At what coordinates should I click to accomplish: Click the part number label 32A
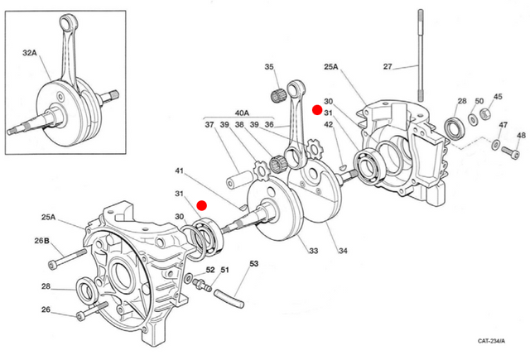click(30, 51)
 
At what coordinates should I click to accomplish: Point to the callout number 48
click(521, 135)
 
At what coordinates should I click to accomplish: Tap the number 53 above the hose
click(254, 265)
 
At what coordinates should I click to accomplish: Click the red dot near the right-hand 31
click(316, 109)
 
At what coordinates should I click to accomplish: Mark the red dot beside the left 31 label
click(203, 204)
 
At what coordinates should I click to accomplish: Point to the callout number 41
click(178, 171)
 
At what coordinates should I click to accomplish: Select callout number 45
click(498, 96)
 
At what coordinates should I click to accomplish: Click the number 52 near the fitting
click(210, 271)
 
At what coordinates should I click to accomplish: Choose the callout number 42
click(329, 125)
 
